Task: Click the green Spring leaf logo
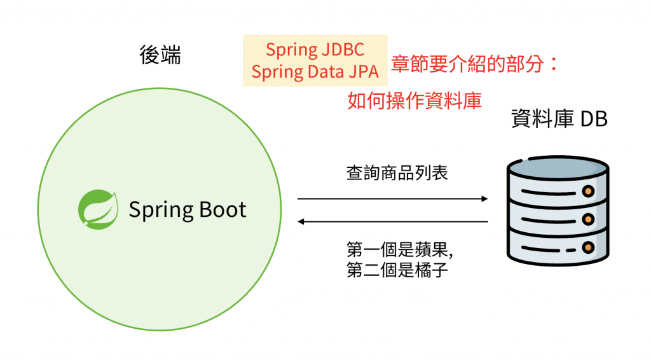tap(98, 208)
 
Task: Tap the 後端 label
tap(160, 55)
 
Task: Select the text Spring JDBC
tap(315, 50)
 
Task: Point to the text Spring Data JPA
tap(315, 71)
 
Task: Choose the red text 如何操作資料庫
tap(415, 100)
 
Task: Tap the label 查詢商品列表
tap(397, 172)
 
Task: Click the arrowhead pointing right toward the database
tap(484, 199)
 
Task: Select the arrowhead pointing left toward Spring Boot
tap(303, 221)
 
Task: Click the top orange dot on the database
tap(588, 190)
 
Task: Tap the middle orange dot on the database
tap(588, 219)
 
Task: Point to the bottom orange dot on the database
tap(588, 247)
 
